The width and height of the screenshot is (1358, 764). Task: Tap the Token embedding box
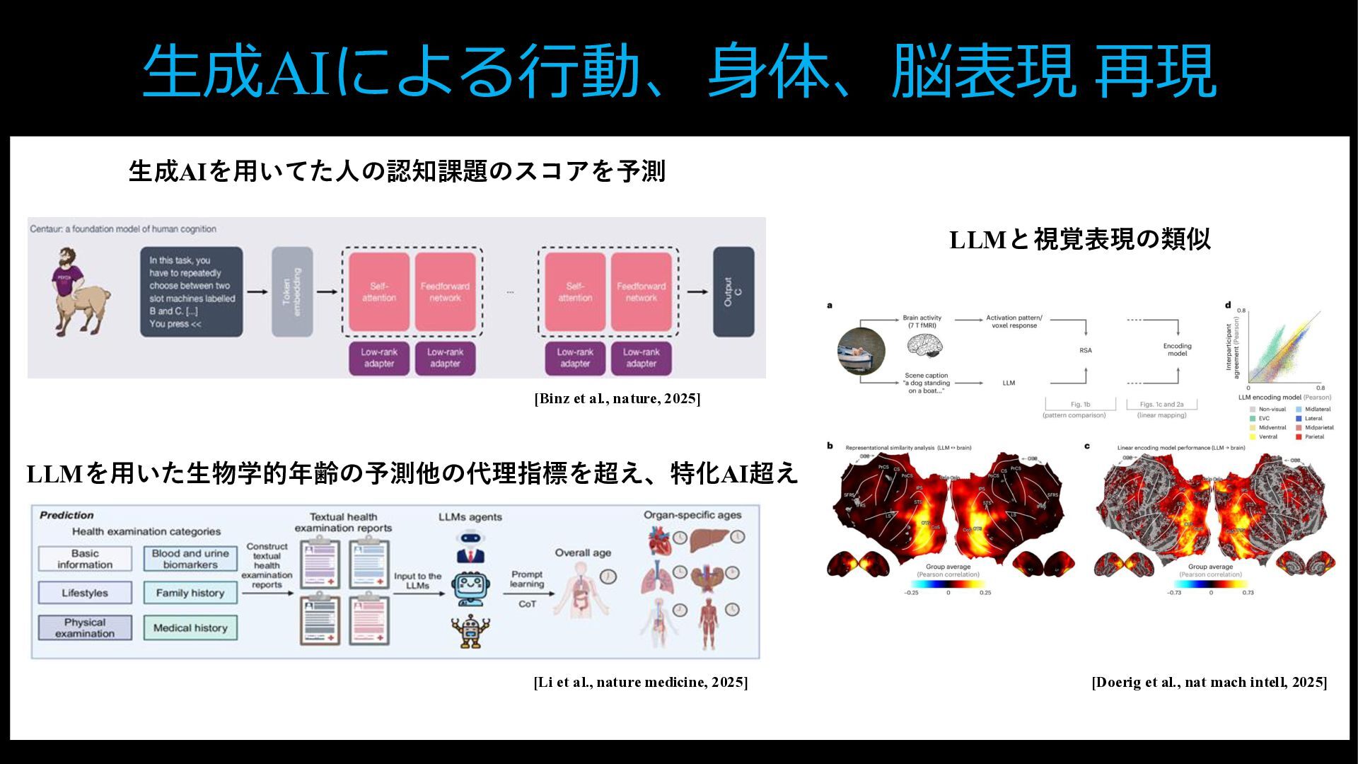[x=292, y=291]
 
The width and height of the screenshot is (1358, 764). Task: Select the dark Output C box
[x=733, y=291]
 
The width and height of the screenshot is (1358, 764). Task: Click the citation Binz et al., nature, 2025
[x=617, y=398]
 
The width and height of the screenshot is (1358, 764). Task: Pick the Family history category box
[x=190, y=593]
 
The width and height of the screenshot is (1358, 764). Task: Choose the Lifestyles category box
[x=85, y=593]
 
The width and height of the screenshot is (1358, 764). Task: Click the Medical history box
[x=190, y=627]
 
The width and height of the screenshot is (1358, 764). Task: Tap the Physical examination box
[x=85, y=627]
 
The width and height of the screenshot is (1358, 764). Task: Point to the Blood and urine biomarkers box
[x=190, y=559]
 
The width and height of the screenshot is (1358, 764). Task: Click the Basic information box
[x=85, y=559]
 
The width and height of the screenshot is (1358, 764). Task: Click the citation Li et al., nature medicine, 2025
[x=640, y=682]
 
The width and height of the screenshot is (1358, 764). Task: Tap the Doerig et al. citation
[x=1209, y=682]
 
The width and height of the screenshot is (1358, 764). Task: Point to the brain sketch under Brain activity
[x=925, y=345]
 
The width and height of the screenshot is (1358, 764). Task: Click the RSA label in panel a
[x=1085, y=350]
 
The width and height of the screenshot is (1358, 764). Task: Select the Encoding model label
[x=1177, y=349]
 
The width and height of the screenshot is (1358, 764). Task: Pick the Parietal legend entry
[x=1313, y=436]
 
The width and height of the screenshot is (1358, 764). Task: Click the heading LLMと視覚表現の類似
[x=1079, y=240]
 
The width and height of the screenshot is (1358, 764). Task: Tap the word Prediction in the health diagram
[x=66, y=515]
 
